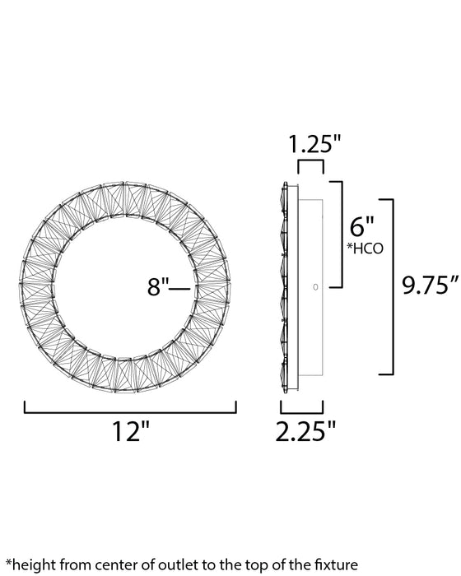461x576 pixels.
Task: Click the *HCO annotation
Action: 366,249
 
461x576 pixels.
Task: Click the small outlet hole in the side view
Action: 314,286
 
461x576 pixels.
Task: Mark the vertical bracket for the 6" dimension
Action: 338,235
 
